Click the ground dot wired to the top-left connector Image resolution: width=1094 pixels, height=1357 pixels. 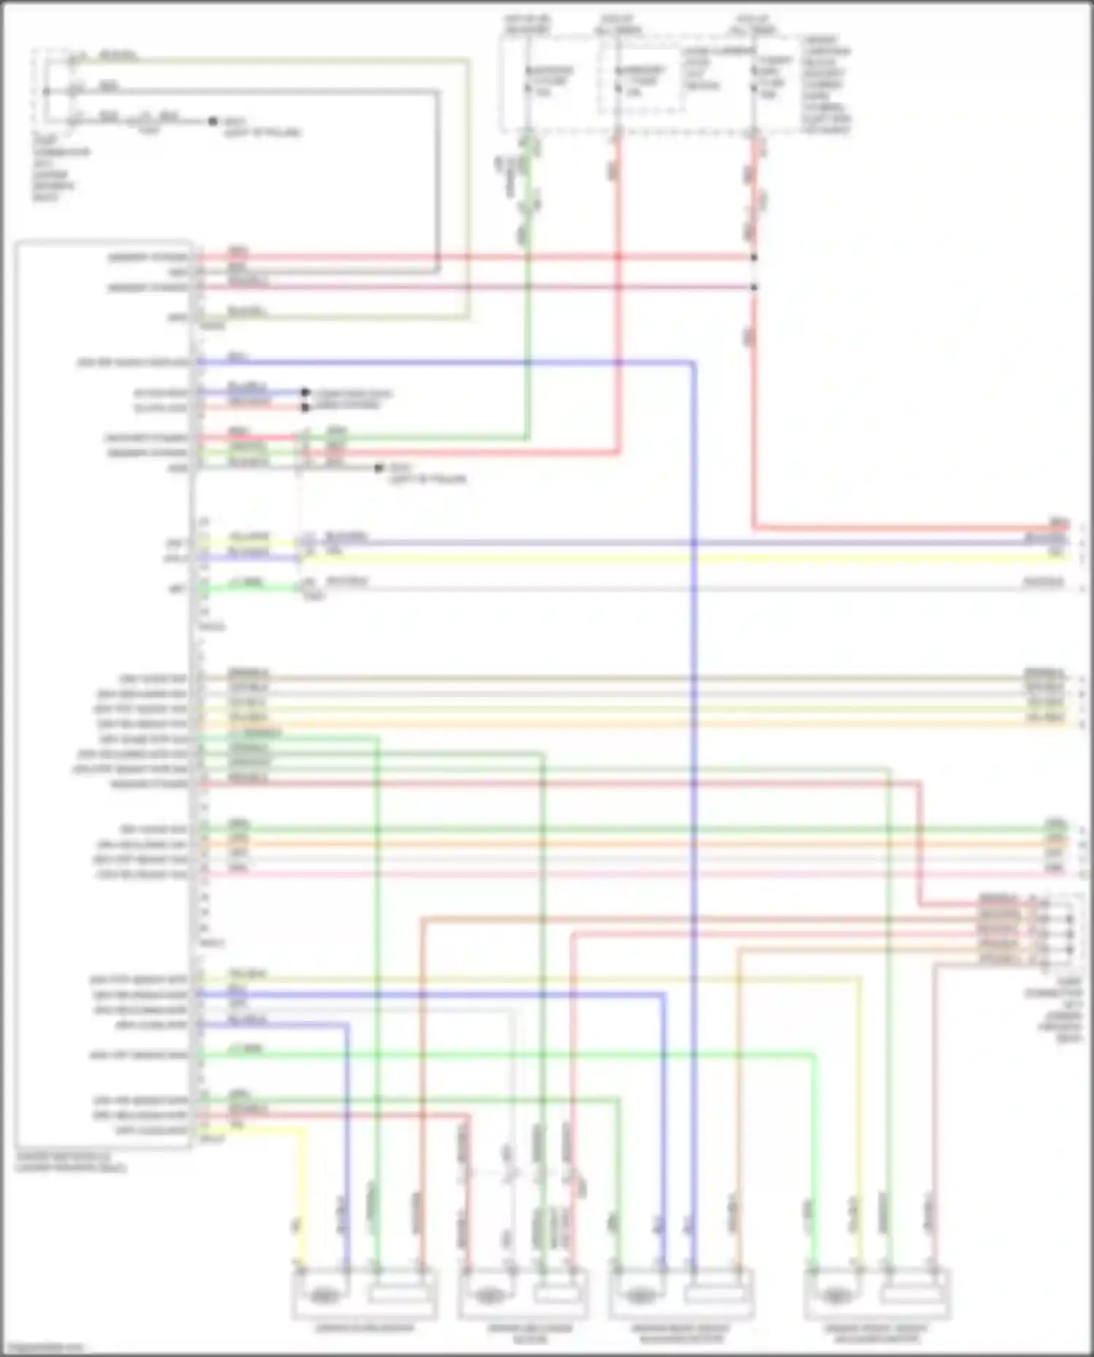point(213,121)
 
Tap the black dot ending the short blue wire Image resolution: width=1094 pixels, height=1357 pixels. point(306,392)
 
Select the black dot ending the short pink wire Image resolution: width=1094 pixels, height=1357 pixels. point(306,407)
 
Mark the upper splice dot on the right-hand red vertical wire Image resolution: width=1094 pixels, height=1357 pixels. point(754,257)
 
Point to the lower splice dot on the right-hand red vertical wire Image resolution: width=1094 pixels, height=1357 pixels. point(754,287)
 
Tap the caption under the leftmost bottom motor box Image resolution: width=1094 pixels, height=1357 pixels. point(365,1327)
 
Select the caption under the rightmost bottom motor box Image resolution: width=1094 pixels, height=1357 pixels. point(876,1333)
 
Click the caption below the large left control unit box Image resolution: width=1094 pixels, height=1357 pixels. point(70,1162)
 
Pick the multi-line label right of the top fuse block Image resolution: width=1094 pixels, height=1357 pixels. point(826,85)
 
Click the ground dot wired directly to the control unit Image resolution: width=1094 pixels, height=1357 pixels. point(379,468)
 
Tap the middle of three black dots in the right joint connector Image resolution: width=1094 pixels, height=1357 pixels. point(1070,934)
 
